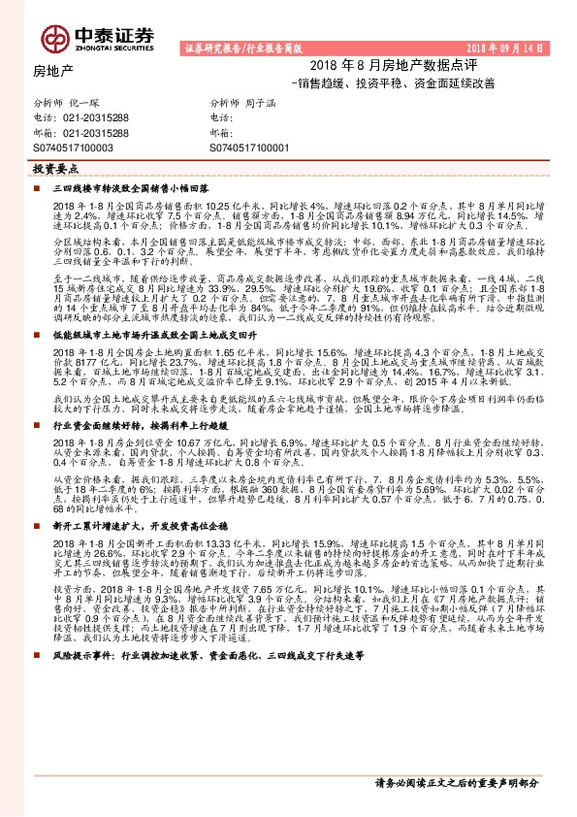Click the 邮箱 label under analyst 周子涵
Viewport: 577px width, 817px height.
(x=221, y=132)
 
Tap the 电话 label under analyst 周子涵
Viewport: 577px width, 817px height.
(x=221, y=117)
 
